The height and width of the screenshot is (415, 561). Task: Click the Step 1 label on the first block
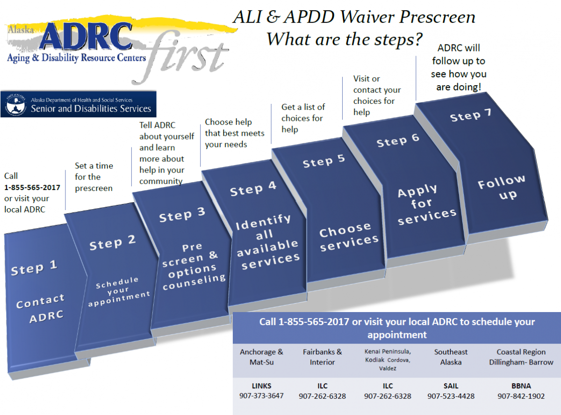tap(34, 269)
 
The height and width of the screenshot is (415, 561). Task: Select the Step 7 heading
tap(471, 115)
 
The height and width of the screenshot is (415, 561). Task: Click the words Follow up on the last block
tap(502, 187)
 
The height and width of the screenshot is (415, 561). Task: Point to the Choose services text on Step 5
tap(349, 237)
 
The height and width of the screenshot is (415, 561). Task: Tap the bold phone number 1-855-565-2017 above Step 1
tap(32, 187)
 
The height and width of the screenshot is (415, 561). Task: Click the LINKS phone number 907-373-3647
tap(261, 396)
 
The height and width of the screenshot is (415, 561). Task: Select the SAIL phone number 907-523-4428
tap(451, 396)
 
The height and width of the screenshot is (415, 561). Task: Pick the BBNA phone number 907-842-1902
tap(521, 396)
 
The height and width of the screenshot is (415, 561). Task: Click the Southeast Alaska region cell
tap(451, 357)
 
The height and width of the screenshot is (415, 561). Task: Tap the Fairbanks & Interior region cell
tap(322, 357)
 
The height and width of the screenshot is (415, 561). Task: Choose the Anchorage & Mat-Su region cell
tap(261, 357)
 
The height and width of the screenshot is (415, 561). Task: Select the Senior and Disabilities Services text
tap(91, 109)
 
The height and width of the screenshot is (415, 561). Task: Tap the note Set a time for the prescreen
tap(94, 177)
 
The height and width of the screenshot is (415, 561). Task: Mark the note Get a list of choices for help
tap(303, 118)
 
